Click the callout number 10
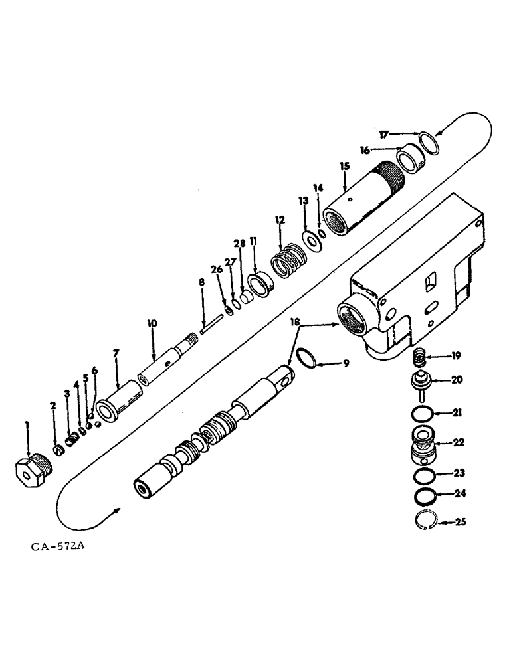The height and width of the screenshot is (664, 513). pos(152,323)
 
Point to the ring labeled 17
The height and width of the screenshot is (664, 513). pos(428,143)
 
